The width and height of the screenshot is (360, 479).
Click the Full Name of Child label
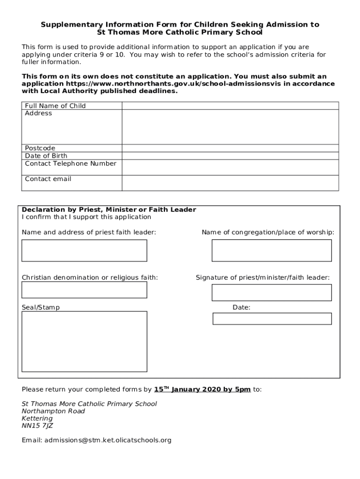55,106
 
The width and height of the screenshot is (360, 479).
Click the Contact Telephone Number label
71,164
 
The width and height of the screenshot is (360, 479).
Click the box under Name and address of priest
84,250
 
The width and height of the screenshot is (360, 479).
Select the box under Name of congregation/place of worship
272,250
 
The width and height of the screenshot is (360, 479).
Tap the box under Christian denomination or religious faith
84,290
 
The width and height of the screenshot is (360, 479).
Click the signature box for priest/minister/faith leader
272,292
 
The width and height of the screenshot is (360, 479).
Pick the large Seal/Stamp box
84,342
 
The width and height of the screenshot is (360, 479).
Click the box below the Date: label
272,319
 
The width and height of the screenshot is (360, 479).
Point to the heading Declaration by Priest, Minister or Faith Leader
109,210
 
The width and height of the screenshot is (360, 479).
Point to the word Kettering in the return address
38,418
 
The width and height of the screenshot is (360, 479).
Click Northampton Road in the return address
53,411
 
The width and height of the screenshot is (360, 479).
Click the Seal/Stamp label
41,307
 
